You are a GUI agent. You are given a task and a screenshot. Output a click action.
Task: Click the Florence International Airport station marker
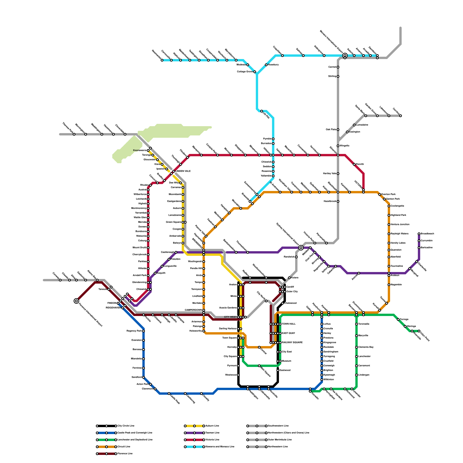76,301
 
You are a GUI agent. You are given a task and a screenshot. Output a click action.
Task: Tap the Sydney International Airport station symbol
301,248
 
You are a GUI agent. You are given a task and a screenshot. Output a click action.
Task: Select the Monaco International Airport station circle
345,55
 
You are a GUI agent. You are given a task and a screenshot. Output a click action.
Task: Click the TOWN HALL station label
289,324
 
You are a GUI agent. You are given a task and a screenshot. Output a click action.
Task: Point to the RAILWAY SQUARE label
292,343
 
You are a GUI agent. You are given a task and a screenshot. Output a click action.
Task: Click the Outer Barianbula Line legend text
280,440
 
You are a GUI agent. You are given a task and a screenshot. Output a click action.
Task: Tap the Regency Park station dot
144,331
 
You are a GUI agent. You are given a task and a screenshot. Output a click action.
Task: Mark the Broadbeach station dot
419,234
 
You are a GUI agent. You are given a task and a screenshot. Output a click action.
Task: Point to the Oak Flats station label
331,130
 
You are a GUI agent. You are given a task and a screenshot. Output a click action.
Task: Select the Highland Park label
398,215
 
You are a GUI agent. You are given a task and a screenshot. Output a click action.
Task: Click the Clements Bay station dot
357,347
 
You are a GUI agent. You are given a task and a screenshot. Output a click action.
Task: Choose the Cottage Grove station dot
255,72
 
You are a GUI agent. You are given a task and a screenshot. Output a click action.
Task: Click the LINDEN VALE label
183,171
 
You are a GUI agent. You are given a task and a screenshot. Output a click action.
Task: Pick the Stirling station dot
338,76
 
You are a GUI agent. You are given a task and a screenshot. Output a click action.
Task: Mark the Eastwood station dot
278,370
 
